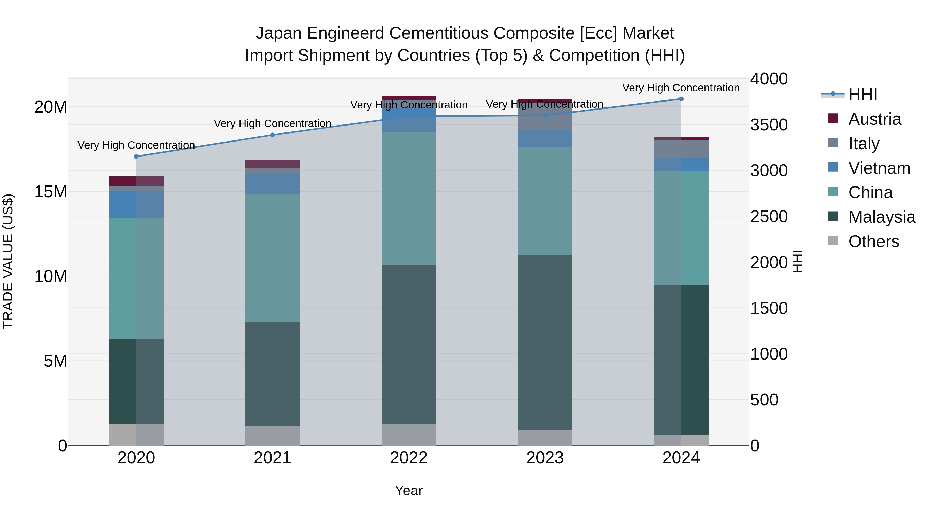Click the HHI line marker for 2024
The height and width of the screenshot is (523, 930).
(681, 99)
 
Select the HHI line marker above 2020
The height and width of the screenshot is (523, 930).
(136, 156)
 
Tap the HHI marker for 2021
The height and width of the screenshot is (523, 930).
(273, 135)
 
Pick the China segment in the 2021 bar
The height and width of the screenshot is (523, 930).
(273, 258)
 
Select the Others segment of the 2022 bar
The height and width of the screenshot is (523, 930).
(409, 435)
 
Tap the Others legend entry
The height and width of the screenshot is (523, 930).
(873, 241)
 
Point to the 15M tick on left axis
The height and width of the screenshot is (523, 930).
(51, 192)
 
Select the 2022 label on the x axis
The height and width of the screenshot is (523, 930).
(409, 458)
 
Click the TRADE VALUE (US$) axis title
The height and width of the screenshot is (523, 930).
(8, 261)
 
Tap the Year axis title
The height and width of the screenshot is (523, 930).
(409, 490)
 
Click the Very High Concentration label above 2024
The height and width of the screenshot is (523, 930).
(681, 88)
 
